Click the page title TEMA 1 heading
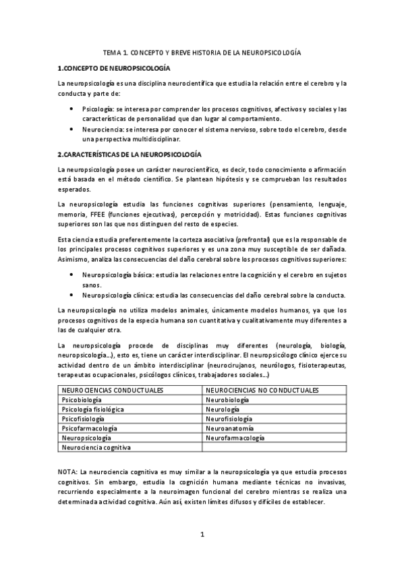coord(202,52)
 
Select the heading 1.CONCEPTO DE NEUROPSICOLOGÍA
coord(114,68)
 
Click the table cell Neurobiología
coord(227,400)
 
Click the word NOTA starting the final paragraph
coord(67,473)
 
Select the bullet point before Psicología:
coord(72,109)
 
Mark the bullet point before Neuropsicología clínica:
coord(72,295)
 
